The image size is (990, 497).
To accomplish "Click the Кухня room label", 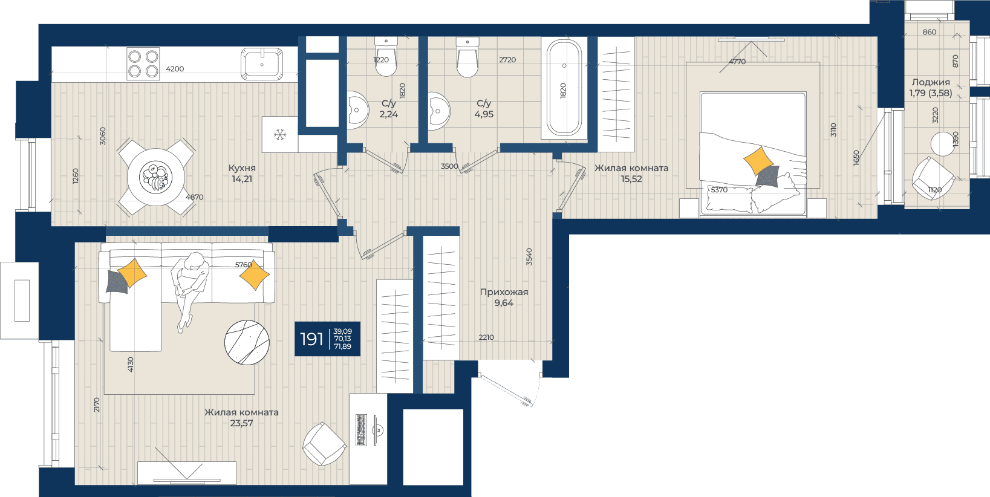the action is (x=242, y=168).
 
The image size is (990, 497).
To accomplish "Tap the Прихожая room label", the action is (x=504, y=292).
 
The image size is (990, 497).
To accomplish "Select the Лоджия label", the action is (x=931, y=82).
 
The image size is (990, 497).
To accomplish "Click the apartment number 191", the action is (x=311, y=339).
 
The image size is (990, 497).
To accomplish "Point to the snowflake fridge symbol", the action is (x=280, y=134).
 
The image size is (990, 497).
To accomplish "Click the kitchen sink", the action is (x=262, y=64).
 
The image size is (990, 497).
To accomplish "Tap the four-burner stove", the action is (x=143, y=64).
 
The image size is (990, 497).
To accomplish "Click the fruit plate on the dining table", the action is (x=155, y=177).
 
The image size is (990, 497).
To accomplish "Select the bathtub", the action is (x=564, y=88).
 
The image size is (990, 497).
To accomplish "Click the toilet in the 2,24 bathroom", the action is (x=386, y=57).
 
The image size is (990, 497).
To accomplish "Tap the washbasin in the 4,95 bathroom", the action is (x=439, y=111).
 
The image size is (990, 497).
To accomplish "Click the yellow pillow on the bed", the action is (x=758, y=161).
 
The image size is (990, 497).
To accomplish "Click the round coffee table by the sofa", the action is (x=247, y=342).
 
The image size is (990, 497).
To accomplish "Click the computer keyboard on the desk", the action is (x=361, y=430).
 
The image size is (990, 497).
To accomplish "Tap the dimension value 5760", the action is (x=244, y=265).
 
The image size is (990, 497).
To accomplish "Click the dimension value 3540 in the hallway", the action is (x=529, y=257).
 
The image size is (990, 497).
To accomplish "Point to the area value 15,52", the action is (x=631, y=179).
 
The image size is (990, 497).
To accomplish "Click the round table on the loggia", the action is (x=942, y=144).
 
